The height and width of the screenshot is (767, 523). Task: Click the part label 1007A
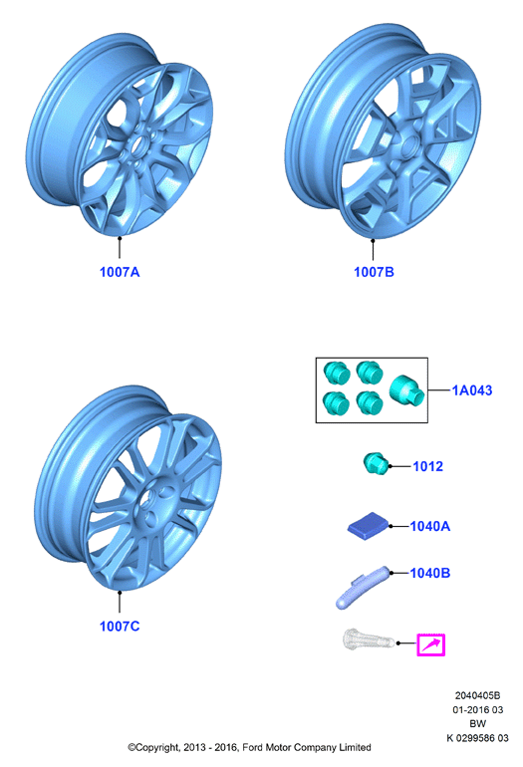(120, 272)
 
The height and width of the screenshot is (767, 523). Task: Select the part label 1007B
(374, 272)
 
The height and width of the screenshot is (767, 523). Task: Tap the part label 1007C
(120, 627)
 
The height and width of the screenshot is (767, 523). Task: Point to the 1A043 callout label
(471, 390)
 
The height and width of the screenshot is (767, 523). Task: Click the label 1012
(428, 466)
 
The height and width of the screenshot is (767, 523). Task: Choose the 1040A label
(430, 526)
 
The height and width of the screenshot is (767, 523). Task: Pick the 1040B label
(430, 573)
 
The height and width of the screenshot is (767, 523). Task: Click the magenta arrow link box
(431, 644)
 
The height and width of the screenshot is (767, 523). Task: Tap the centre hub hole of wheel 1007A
(142, 144)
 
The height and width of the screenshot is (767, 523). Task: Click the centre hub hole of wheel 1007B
(409, 144)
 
